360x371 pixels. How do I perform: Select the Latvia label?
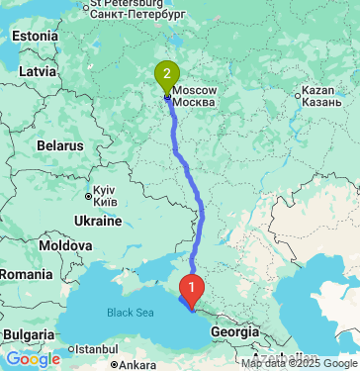coord(37,71)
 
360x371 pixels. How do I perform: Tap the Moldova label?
coord(66,243)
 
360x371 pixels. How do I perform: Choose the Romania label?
coord(26,272)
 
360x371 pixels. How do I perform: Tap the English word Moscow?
coord(194,89)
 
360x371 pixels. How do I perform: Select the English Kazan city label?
coord(320,91)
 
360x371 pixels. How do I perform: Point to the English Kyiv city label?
coord(104,189)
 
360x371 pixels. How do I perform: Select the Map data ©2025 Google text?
coord(300,364)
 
